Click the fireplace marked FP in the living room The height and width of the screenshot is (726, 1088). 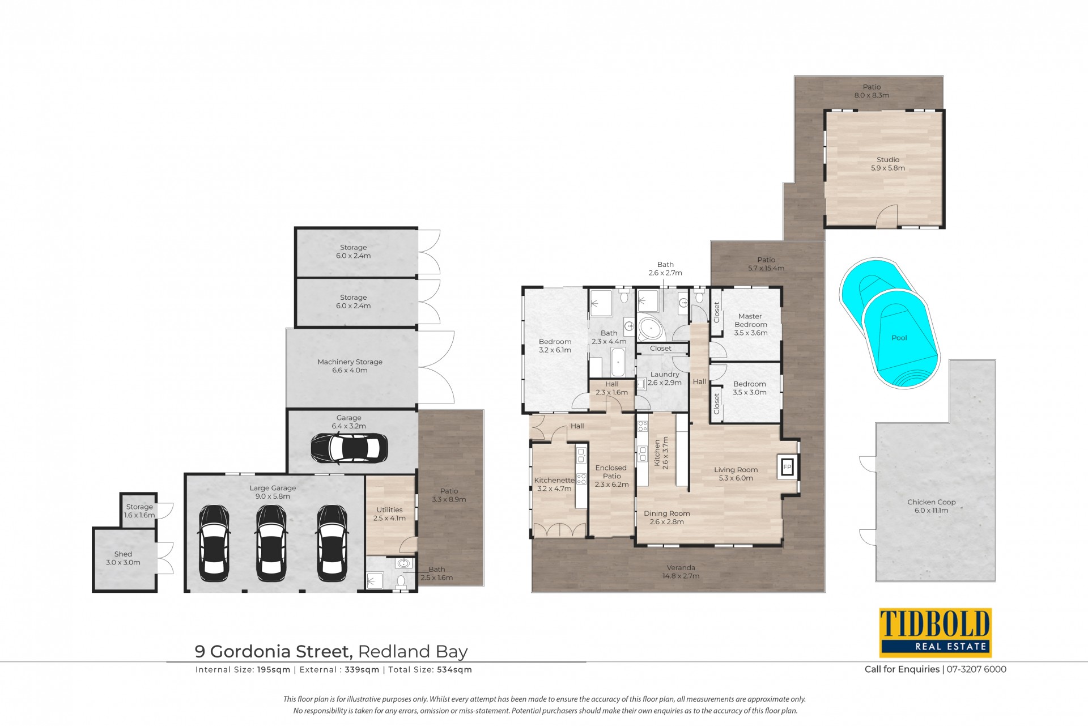coord(787,467)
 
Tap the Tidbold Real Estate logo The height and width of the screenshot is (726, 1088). coord(935,632)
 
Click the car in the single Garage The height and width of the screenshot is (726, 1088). coord(349,448)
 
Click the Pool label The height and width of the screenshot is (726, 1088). coord(899,338)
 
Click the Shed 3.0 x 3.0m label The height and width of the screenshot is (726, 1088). coord(123,558)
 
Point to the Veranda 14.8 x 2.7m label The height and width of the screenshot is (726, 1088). coord(681,572)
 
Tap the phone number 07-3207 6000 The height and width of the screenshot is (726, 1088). coord(976,669)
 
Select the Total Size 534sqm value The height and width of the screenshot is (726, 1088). coord(454,670)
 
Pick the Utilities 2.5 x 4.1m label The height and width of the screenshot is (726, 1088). coord(389,514)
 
